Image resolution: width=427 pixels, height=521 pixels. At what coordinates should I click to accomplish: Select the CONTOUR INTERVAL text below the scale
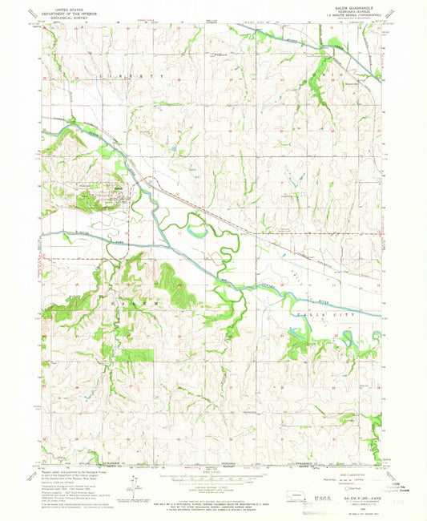(x=214, y=483)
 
